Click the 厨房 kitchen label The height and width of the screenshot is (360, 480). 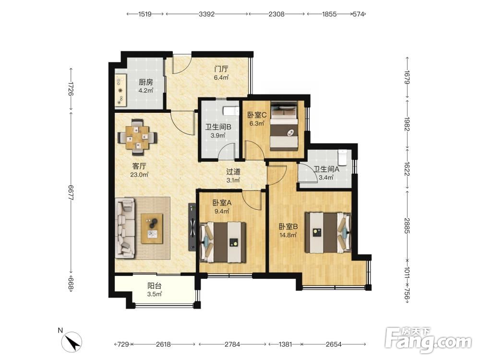click(x=145, y=82)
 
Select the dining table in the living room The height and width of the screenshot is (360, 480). click(x=138, y=137)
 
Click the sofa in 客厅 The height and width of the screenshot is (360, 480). click(x=125, y=228)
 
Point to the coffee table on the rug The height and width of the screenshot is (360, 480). click(x=152, y=228)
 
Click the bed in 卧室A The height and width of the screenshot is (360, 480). click(x=223, y=242)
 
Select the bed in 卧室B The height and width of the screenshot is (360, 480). click(x=328, y=233)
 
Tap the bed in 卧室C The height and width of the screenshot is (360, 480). click(x=284, y=126)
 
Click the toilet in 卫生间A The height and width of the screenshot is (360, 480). click(x=342, y=156)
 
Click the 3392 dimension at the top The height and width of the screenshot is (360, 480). click(x=206, y=14)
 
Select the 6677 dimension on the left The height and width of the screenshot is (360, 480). click(x=71, y=193)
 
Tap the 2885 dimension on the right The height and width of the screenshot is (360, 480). click(x=407, y=226)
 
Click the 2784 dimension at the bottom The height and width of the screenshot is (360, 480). click(x=232, y=344)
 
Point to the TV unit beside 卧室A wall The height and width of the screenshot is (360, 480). click(x=192, y=227)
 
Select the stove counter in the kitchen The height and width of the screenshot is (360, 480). click(x=120, y=90)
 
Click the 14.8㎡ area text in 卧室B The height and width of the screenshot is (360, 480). click(x=288, y=235)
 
